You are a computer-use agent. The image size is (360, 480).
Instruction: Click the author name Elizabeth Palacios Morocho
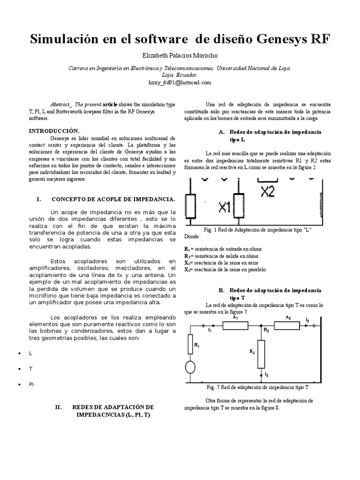pyautogui.click(x=180, y=56)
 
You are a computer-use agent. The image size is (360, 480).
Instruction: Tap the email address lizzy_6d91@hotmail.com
pyautogui.click(x=180, y=82)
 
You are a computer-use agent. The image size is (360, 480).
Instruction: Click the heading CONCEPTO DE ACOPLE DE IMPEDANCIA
pyautogui.click(x=113, y=199)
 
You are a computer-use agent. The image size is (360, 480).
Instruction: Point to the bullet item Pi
pyautogui.click(x=31, y=384)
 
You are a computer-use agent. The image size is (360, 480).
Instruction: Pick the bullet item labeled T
pyautogui.click(x=30, y=368)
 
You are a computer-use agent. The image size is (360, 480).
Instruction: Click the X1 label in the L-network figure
pyautogui.click(x=225, y=207)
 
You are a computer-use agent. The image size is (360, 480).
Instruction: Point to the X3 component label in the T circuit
pyautogui.click(x=252, y=351)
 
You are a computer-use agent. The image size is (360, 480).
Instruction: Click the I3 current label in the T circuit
pyautogui.click(x=267, y=374)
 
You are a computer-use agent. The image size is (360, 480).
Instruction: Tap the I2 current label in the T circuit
pyautogui.click(x=307, y=320)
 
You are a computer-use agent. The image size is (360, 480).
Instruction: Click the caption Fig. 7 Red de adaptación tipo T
pyautogui.click(x=257, y=388)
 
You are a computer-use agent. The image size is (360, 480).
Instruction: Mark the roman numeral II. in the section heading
pyautogui.click(x=59, y=407)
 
